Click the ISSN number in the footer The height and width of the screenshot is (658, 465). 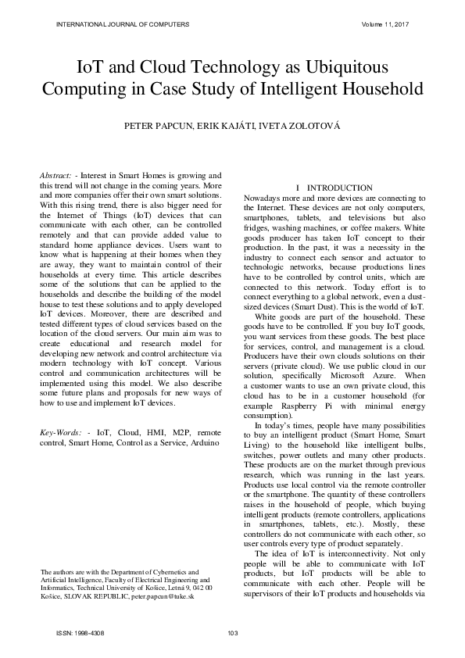[81, 632]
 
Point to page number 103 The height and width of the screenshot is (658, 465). [231, 632]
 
